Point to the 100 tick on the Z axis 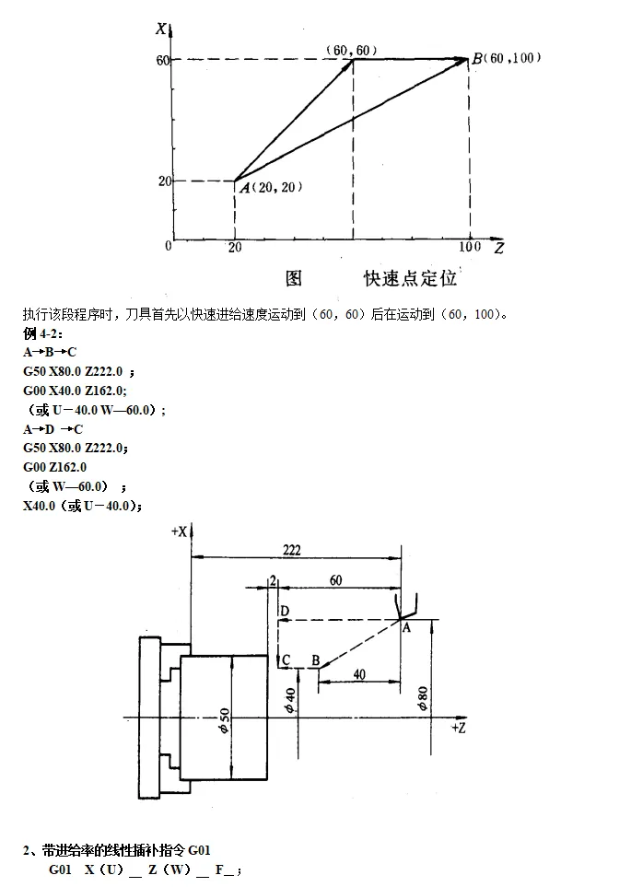(470, 246)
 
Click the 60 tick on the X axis (163, 60)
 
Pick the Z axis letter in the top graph (498, 248)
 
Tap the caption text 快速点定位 (410, 277)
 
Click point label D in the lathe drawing (285, 612)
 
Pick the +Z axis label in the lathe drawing (460, 728)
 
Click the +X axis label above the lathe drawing (180, 531)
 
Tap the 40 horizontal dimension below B (358, 674)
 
